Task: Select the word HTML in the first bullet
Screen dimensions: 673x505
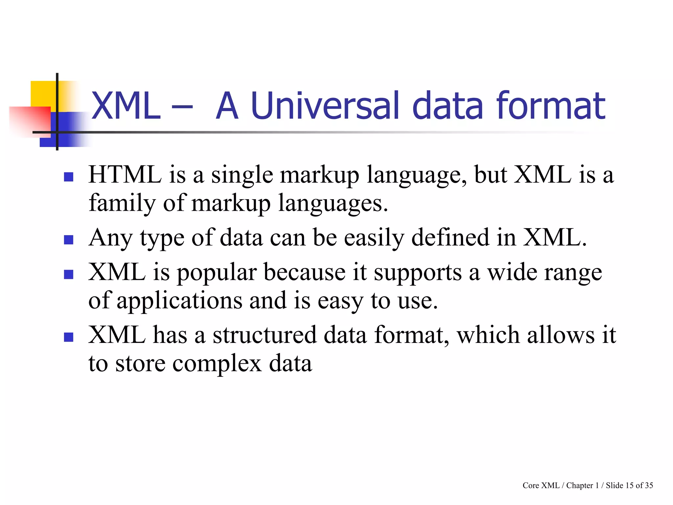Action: point(125,175)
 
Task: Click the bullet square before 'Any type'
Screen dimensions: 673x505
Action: point(68,240)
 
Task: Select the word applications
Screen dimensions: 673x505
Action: point(179,301)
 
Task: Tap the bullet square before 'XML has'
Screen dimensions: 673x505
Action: point(68,337)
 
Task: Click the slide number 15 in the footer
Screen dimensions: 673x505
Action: point(629,486)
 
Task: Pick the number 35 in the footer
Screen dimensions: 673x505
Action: point(649,486)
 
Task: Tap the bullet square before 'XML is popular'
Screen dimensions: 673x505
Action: point(68,274)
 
